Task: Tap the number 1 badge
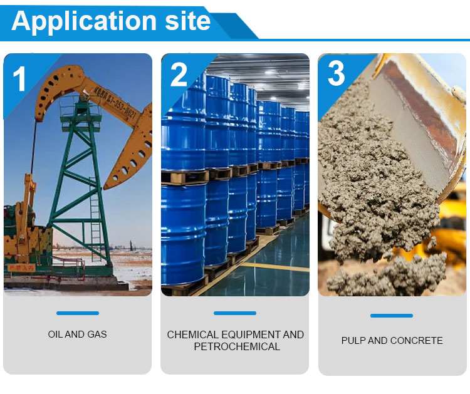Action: pos(20,80)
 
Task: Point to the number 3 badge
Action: pos(336,74)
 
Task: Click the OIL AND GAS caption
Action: pos(77,334)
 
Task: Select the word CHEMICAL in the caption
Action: pos(192,335)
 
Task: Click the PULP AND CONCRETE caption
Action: pos(392,341)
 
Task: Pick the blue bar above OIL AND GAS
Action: pos(77,313)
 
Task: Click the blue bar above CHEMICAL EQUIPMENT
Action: pos(234,313)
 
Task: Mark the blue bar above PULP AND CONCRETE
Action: pos(392,316)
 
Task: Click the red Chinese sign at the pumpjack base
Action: pos(23,267)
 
